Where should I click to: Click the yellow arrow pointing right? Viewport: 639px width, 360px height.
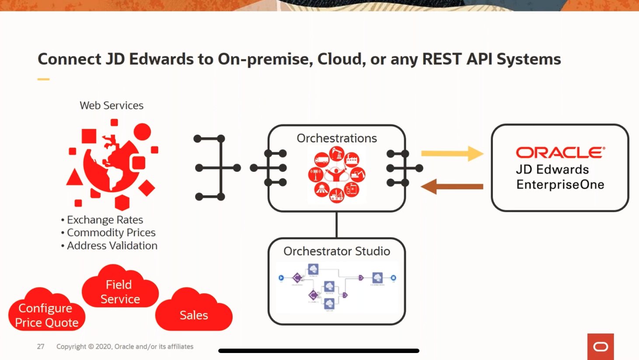pos(452,154)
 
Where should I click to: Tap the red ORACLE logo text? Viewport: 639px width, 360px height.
pos(560,153)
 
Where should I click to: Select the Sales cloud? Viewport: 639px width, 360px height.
pos(194,313)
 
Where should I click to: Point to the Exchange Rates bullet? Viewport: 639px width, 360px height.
pos(105,220)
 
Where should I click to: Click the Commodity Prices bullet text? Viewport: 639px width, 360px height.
pos(111,233)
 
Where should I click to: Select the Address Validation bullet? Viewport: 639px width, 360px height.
pos(112,246)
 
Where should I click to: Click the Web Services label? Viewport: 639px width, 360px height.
pos(112,105)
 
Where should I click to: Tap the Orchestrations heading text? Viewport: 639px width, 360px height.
pos(336,138)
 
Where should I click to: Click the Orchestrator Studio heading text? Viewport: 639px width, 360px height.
pos(336,251)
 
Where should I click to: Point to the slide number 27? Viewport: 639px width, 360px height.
pos(41,346)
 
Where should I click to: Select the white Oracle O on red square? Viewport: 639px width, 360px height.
pos(601,347)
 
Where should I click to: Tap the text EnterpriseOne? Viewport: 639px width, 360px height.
pos(560,185)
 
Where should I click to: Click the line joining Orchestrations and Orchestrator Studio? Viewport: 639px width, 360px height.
pos(336,225)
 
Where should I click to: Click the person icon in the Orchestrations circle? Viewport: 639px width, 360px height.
pos(336,174)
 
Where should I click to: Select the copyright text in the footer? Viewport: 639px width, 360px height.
pos(125,346)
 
